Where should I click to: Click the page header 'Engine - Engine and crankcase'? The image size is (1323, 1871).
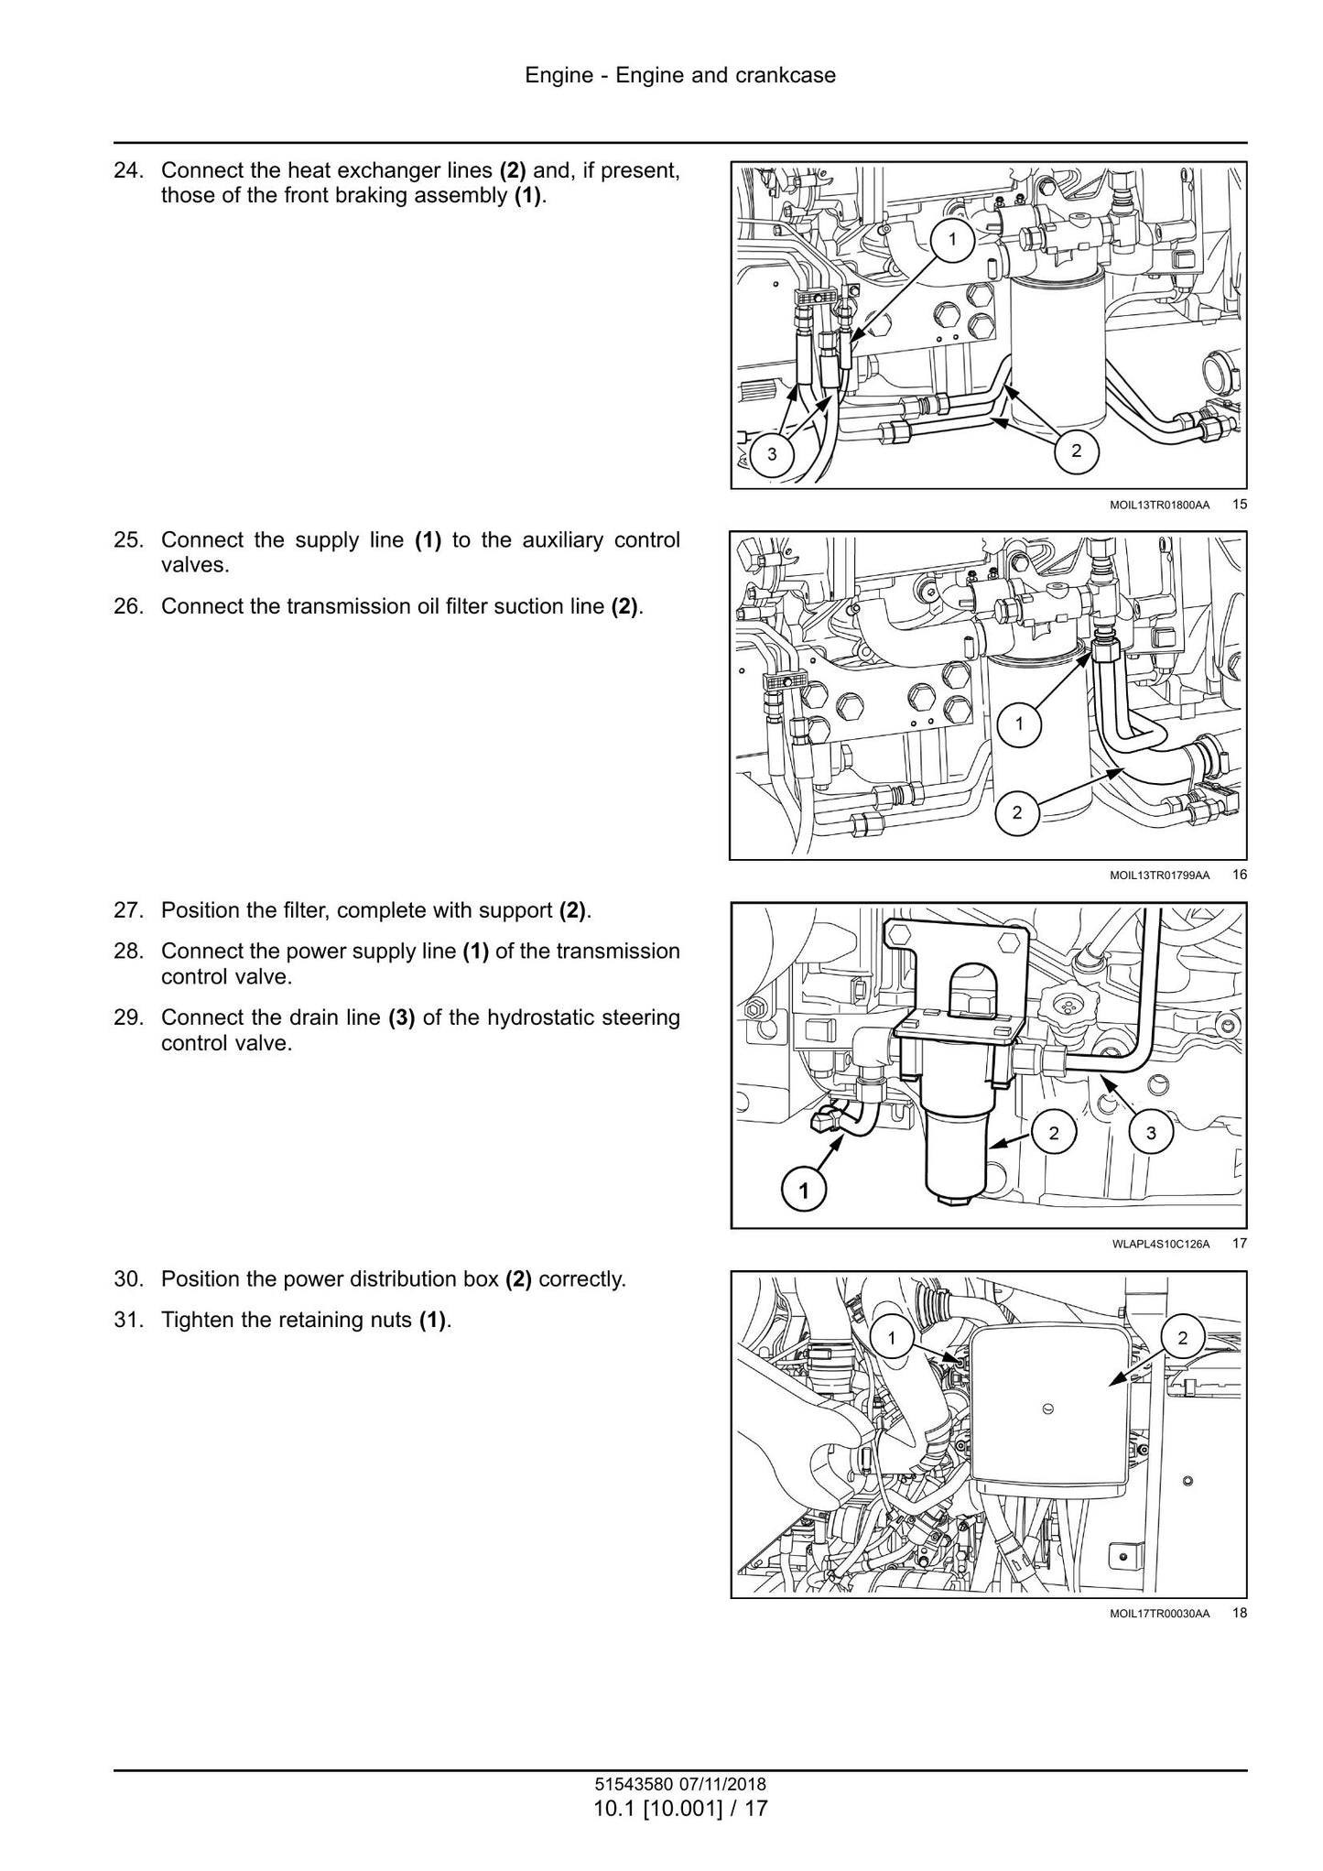680,75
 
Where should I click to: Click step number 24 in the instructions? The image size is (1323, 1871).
129,170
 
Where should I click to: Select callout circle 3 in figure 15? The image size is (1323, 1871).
772,454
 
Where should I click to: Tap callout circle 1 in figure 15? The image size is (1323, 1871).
952,240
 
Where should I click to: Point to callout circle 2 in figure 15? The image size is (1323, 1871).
1076,450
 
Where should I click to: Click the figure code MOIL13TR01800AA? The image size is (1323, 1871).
1159,505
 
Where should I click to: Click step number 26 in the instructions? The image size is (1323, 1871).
129,606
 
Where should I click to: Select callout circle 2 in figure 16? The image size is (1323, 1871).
1017,811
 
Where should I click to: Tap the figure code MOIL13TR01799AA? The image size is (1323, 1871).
1159,876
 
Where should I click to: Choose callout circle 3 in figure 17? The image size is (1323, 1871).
1151,1133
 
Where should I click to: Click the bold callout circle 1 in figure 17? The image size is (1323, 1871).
803,1191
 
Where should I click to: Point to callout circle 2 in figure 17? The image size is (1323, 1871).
1054,1133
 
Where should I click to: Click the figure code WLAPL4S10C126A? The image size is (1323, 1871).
1161,1244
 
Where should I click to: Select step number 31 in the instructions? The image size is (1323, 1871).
129,1320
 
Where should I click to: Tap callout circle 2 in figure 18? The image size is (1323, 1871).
1182,1338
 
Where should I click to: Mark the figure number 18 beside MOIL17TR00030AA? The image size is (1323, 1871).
1240,1613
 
